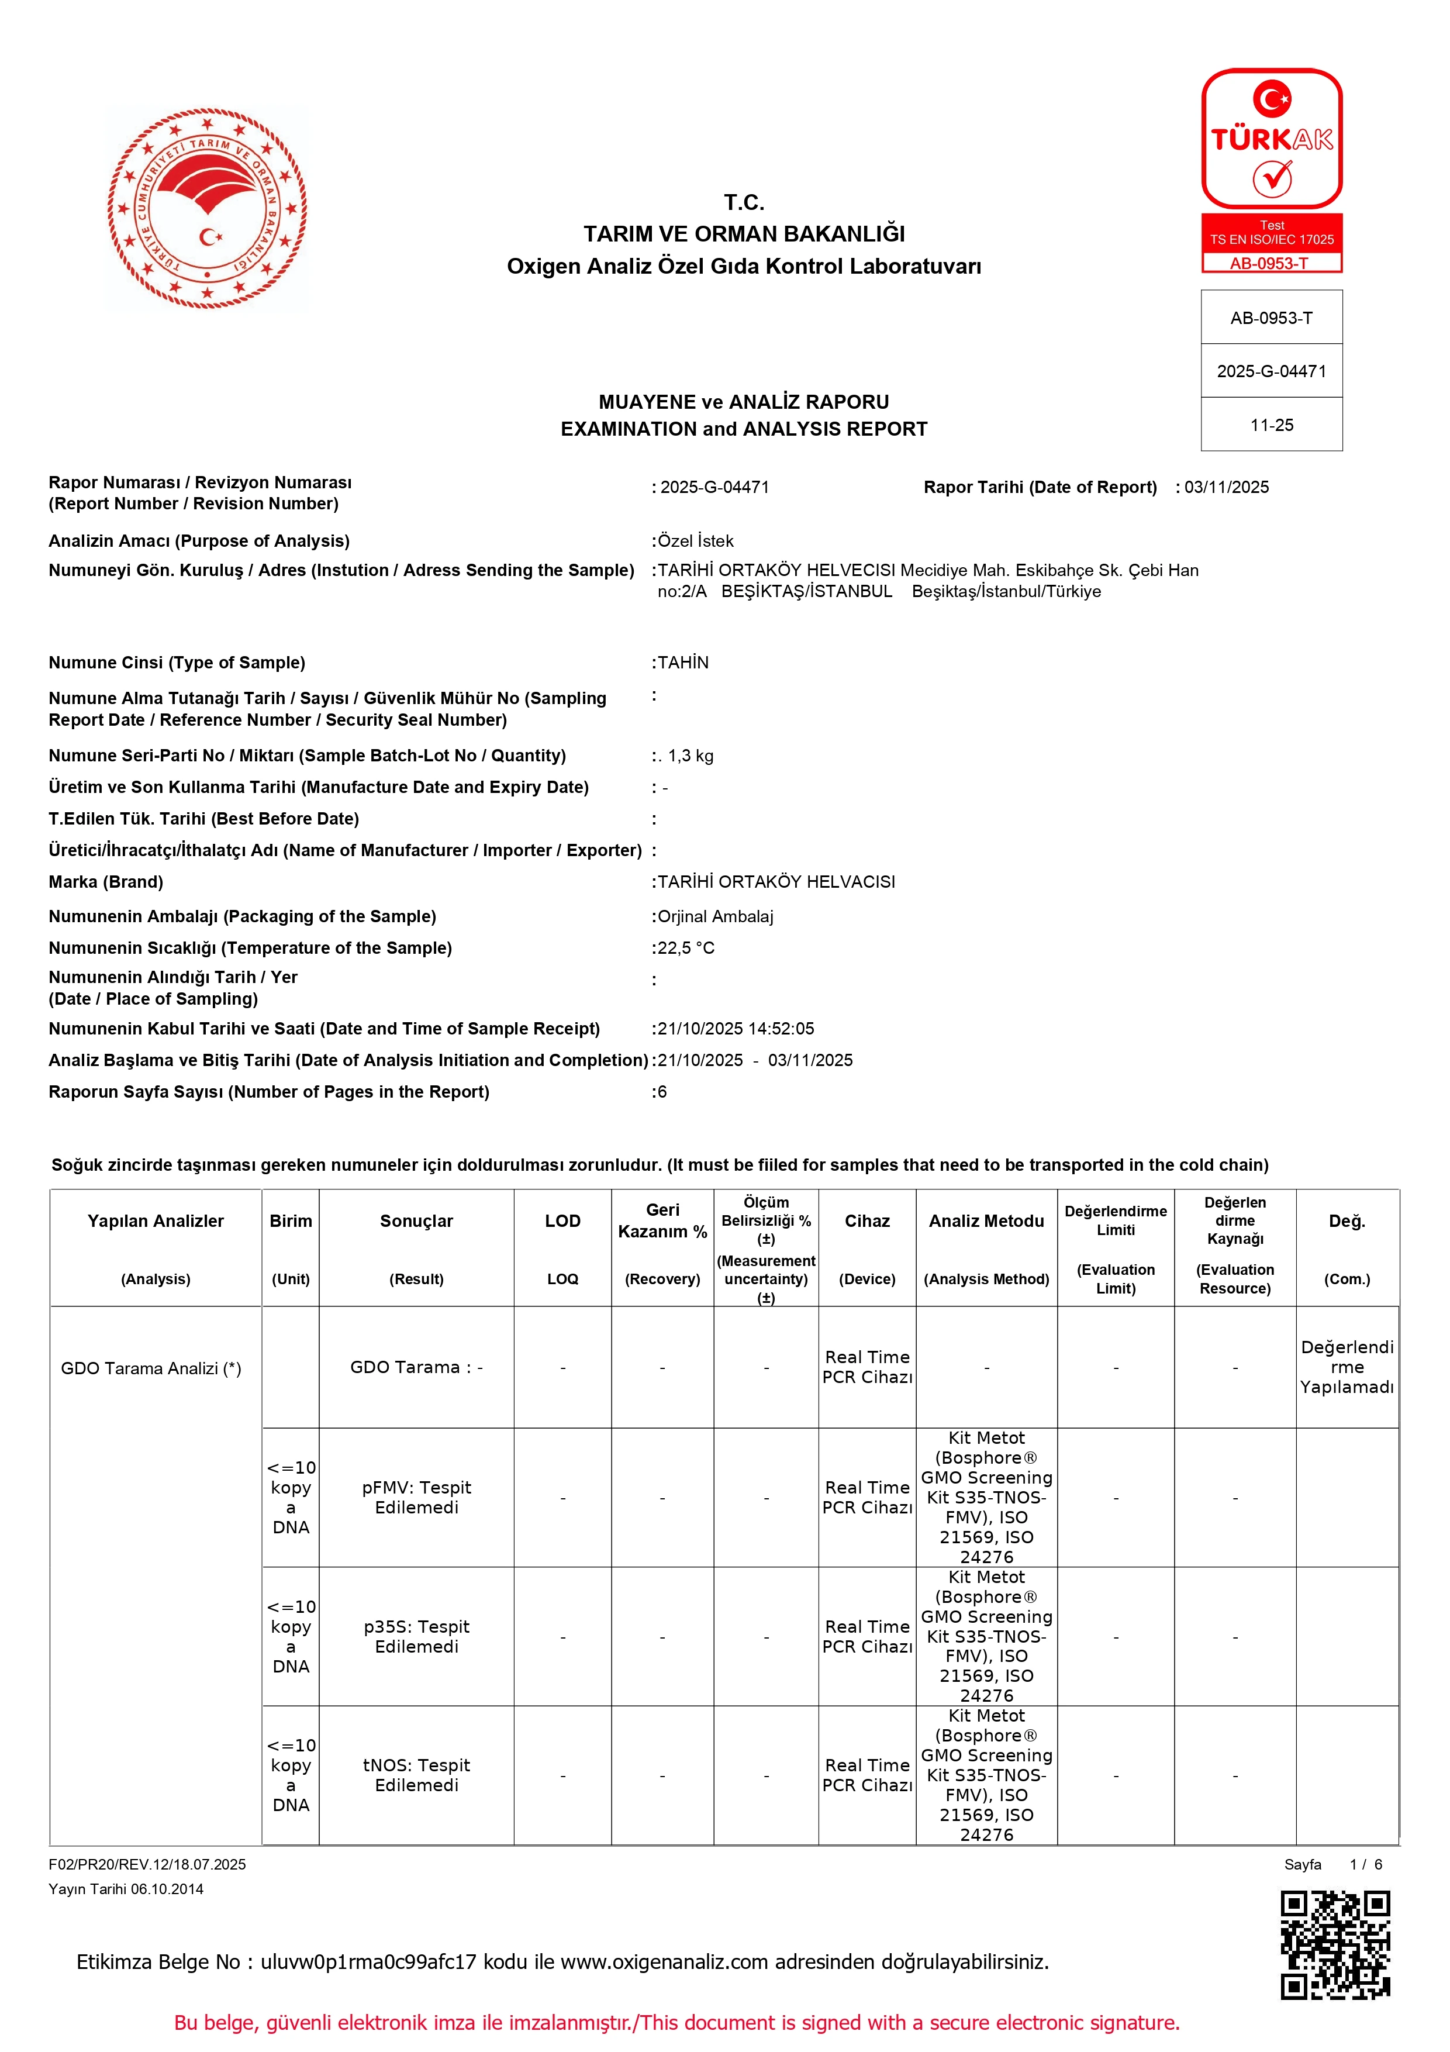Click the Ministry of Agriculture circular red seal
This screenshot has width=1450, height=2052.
[208, 208]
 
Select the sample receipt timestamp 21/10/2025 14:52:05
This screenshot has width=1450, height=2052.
[736, 1029]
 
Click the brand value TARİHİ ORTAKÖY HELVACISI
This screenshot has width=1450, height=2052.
[775, 881]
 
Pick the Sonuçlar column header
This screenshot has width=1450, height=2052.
[416, 1221]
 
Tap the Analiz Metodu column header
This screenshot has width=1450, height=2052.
[986, 1221]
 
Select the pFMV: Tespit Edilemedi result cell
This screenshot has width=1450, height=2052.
[416, 1497]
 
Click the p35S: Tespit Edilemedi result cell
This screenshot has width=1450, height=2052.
[416, 1636]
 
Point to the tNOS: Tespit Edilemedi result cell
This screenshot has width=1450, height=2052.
[416, 1775]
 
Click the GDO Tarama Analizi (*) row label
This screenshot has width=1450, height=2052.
[151, 1368]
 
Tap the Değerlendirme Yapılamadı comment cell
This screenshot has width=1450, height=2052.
[1347, 1367]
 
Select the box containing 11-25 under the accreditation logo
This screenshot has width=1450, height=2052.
[1271, 425]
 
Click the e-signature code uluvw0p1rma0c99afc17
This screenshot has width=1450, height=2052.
[368, 1962]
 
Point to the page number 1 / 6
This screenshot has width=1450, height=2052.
[1366, 1864]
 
